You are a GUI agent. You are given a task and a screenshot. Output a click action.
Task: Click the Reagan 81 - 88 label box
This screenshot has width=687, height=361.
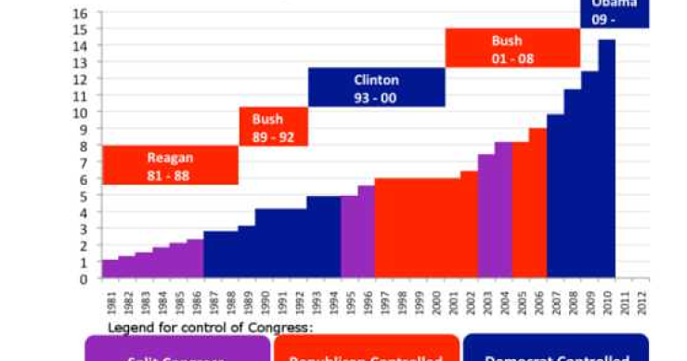tap(169, 165)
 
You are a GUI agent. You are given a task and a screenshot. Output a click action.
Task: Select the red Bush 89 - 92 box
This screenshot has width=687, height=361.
tap(273, 127)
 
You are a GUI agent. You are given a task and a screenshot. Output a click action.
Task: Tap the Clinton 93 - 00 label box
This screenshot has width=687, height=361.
tap(376, 88)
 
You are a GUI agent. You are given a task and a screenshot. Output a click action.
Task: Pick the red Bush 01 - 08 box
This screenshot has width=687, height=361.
tap(512, 48)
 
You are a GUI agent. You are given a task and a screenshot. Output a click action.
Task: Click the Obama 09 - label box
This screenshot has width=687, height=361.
tap(615, 12)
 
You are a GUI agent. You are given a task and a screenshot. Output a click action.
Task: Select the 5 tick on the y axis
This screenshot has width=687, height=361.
tap(84, 196)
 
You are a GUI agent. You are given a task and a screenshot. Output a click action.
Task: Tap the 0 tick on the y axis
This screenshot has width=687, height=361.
tap(84, 278)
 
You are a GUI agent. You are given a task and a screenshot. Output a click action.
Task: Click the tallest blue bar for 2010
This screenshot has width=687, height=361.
tap(606, 158)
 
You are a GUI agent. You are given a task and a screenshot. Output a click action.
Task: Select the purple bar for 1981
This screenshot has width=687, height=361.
tap(110, 268)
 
